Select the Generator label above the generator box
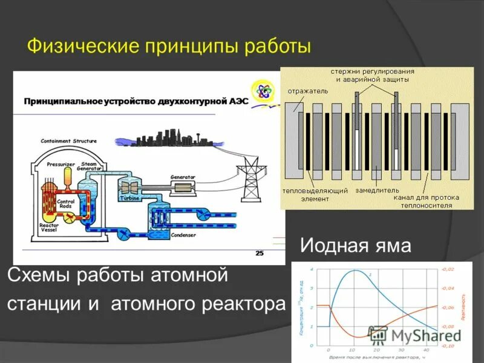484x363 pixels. pos(182,177)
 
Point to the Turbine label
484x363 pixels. pos(129,198)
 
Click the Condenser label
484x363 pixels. pos(183,235)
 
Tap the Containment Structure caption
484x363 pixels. pos(68,141)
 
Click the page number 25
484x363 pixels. pos(260,253)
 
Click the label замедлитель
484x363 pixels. pos(376,190)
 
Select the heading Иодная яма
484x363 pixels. pos(356,246)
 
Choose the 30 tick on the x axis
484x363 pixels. pos(401,350)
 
